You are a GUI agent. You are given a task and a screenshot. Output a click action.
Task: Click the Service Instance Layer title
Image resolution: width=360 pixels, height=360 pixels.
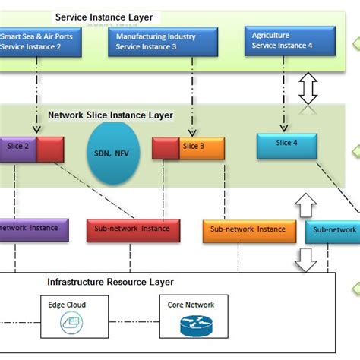[x=103, y=17]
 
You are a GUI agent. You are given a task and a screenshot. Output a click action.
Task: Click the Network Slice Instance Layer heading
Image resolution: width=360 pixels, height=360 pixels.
[x=111, y=115]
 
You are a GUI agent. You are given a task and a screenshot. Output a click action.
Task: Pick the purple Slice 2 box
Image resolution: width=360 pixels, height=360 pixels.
[x=17, y=148]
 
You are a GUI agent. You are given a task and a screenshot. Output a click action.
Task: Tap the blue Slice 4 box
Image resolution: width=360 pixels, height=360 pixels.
[x=286, y=145]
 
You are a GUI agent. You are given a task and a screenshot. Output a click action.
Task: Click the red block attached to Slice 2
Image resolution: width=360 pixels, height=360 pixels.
[x=49, y=149]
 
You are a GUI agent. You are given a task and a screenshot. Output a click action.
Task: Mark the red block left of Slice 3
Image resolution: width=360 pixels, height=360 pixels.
[x=166, y=147]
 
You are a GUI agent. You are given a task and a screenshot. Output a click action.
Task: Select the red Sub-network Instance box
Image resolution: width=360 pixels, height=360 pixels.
[x=133, y=229]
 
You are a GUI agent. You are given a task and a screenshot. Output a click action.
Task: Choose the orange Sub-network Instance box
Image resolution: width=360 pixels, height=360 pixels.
[x=248, y=229]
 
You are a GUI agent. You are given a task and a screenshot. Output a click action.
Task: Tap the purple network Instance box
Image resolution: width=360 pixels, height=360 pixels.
[x=33, y=229]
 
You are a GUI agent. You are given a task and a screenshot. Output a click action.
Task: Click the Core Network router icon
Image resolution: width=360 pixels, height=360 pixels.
[x=191, y=326]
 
